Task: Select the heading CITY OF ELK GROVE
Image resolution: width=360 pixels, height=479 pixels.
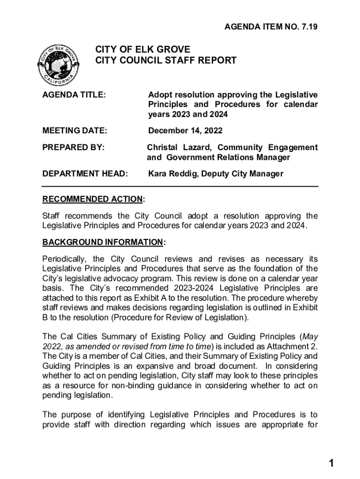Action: (143, 50)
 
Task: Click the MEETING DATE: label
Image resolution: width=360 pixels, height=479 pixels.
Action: (75, 131)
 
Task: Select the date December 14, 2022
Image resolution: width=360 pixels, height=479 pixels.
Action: (185, 131)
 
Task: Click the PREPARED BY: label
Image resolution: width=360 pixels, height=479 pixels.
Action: (73, 148)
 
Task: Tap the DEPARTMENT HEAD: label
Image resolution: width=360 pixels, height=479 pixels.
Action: (85, 174)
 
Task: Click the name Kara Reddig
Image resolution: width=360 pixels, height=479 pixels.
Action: (174, 174)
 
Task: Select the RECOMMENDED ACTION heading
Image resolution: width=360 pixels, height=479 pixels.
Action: (93, 200)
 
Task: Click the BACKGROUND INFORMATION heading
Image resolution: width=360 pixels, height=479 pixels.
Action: (103, 242)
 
